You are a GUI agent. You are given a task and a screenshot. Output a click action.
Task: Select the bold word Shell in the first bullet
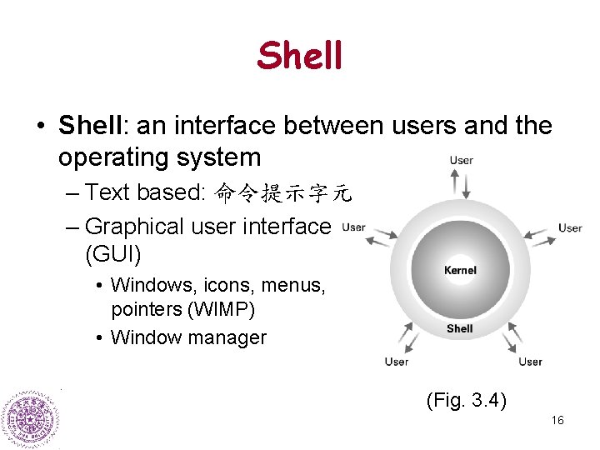(90, 126)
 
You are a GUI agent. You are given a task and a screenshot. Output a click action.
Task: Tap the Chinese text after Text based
(283, 193)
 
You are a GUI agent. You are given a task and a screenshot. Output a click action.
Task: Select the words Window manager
(188, 337)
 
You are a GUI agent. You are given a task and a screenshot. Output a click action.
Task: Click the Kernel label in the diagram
(460, 270)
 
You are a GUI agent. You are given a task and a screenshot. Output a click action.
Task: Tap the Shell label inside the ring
(459, 328)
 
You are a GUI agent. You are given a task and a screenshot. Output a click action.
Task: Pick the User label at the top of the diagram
(462, 160)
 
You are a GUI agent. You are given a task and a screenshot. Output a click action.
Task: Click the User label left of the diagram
(353, 227)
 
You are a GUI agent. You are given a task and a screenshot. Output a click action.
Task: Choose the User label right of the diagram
(570, 227)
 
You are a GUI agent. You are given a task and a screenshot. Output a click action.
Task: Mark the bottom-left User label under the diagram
(396, 362)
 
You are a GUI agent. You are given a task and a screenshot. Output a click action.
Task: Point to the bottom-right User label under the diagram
(530, 362)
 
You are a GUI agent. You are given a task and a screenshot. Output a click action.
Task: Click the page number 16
(557, 420)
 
